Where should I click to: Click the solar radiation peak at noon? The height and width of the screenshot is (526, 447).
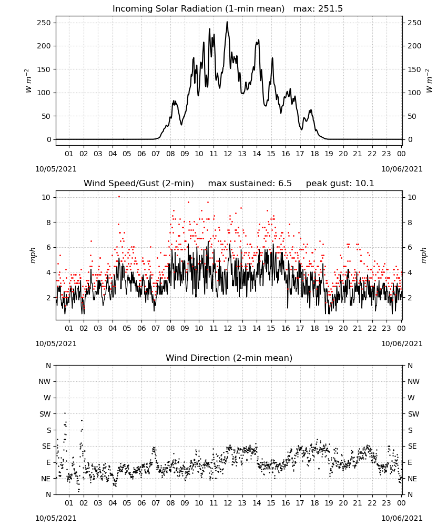(x=227, y=22)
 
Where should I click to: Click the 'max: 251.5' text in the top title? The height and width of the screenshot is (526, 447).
(x=318, y=9)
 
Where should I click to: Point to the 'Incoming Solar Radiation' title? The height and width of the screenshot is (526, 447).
(x=166, y=9)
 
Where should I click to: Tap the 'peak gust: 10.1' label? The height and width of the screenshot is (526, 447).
(x=340, y=184)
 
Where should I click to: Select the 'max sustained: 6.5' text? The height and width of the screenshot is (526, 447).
(x=250, y=184)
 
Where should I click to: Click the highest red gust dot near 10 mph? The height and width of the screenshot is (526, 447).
(x=119, y=197)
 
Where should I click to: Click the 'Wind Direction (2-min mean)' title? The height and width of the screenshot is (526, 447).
(x=229, y=358)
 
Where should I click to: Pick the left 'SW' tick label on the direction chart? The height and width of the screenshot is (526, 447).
(x=45, y=414)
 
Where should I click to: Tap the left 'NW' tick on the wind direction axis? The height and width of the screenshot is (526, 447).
(x=45, y=381)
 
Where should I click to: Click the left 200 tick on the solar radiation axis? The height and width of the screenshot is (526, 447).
(x=44, y=46)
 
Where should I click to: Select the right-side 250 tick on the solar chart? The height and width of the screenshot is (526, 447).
(x=414, y=23)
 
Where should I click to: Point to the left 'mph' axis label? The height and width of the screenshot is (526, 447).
(x=33, y=255)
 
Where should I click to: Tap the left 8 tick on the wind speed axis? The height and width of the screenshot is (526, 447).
(x=48, y=222)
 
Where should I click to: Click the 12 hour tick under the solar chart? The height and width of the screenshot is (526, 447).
(x=228, y=154)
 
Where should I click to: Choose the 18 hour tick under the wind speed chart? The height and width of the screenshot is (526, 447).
(x=314, y=328)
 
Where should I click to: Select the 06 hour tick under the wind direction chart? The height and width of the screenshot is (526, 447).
(x=141, y=503)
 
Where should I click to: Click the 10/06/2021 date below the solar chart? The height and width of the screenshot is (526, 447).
(x=402, y=169)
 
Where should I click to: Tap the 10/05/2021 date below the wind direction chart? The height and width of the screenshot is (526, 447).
(x=56, y=518)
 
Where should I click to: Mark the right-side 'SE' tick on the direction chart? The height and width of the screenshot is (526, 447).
(x=412, y=446)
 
